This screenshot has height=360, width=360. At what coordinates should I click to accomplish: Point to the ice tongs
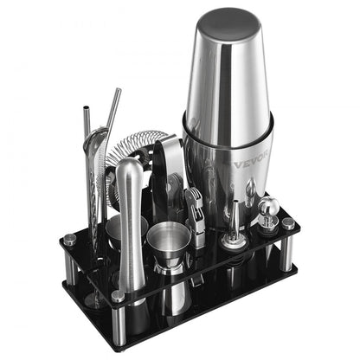click(169, 173)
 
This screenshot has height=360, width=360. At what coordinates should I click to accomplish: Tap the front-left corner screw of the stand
click(118, 297)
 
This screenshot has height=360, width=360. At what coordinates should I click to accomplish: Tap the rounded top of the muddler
click(131, 166)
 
